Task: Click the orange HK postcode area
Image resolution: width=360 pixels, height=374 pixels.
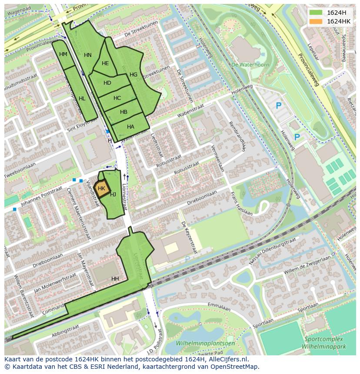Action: pyautogui.click(x=101, y=189)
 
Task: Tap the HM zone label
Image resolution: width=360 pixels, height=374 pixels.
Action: pyautogui.click(x=63, y=54)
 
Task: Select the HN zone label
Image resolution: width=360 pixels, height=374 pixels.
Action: pyautogui.click(x=88, y=55)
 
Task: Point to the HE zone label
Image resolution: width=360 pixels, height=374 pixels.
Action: pyautogui.click(x=105, y=63)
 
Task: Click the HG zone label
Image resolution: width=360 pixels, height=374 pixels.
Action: pyautogui.click(x=133, y=75)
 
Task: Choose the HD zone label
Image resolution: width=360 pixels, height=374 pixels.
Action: pyautogui.click(x=107, y=83)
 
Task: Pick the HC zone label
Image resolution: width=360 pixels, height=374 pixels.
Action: pyautogui.click(x=117, y=98)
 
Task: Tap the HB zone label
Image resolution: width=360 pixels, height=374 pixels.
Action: pyautogui.click(x=124, y=112)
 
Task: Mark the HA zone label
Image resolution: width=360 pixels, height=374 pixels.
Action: pyautogui.click(x=131, y=127)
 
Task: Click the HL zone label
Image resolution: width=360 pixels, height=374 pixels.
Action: pyautogui.click(x=82, y=99)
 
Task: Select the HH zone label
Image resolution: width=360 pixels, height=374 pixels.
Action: pyautogui.click(x=115, y=278)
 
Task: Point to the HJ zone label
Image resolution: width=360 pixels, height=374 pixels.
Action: pyautogui.click(x=113, y=195)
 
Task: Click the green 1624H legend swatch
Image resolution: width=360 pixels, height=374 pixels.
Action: pyautogui.click(x=316, y=13)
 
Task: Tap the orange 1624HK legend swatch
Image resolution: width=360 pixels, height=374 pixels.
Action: pyautogui.click(x=316, y=21)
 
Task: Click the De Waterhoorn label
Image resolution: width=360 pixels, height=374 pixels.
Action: pyautogui.click(x=250, y=65)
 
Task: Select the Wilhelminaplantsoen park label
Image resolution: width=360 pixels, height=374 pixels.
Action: pyautogui.click(x=205, y=343)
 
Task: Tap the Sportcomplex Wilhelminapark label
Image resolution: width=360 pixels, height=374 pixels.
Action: pyautogui.click(x=324, y=343)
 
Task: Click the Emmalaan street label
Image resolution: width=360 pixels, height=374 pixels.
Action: pyautogui.click(x=219, y=307)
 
